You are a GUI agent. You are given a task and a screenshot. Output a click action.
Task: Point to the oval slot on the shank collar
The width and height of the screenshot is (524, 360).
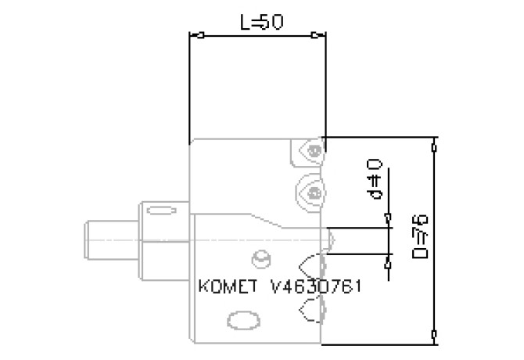160,211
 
